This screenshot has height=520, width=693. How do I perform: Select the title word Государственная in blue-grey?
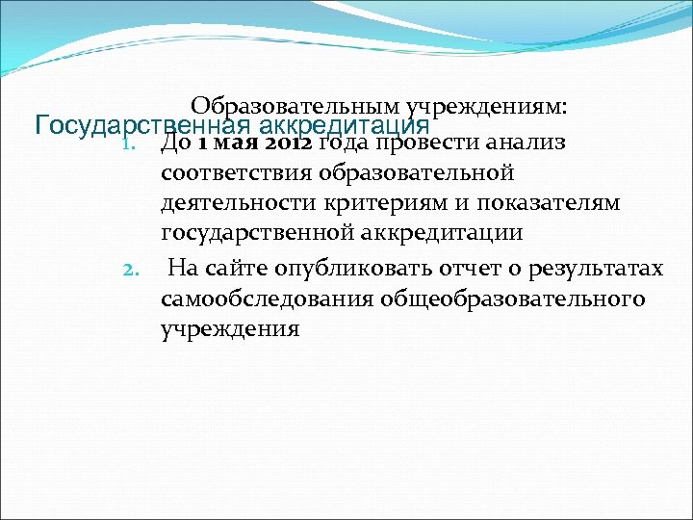click(141, 126)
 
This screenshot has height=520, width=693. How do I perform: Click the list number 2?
click(134, 267)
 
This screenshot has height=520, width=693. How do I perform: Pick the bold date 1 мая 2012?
click(254, 144)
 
